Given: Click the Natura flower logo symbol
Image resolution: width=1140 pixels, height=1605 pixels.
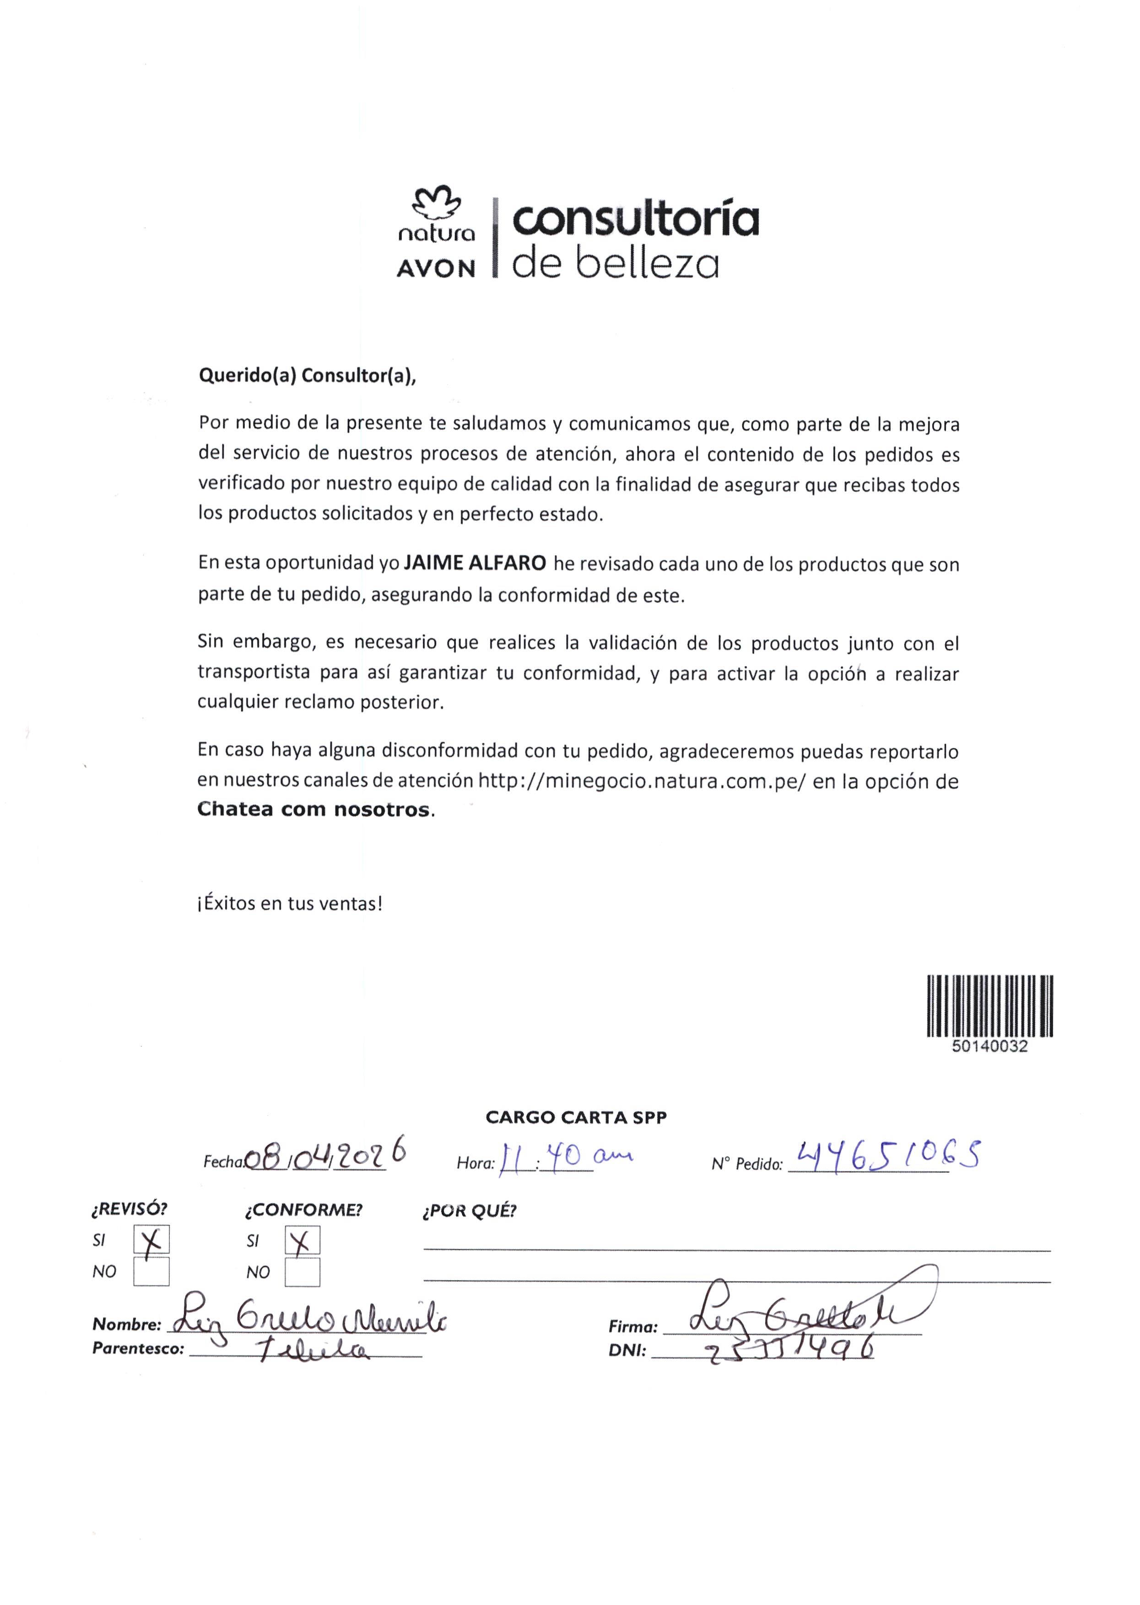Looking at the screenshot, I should coord(436,202).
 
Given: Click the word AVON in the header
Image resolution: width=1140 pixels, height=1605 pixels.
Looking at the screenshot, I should coord(436,269).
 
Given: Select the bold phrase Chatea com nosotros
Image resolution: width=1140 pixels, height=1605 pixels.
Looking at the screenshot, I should coord(313,810).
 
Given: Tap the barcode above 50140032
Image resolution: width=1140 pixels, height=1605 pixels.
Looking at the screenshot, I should coord(990,1006).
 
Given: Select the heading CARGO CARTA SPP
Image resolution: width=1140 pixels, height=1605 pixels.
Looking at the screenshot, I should coord(576,1117).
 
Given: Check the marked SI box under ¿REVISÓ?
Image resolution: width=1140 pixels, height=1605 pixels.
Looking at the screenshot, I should coord(151,1240).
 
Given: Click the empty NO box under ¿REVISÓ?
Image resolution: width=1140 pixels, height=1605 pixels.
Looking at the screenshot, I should coord(151,1271).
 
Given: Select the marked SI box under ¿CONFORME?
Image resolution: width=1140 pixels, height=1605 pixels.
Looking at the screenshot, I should coord(303,1240).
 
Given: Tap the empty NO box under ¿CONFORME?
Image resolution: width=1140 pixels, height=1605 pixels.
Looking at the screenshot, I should coord(303,1271).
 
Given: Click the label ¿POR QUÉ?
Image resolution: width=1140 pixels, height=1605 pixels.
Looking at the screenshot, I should coord(469,1211).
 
